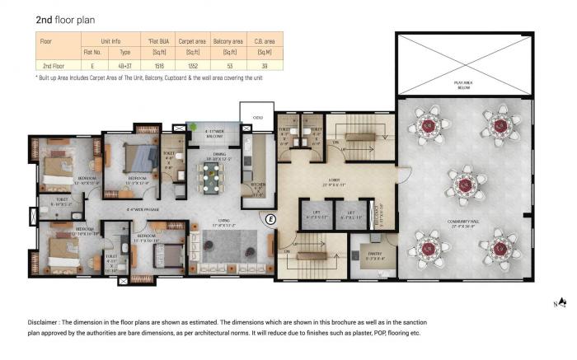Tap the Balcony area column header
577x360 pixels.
226,39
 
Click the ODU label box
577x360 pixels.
257,117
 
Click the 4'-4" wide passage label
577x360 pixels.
143,210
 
